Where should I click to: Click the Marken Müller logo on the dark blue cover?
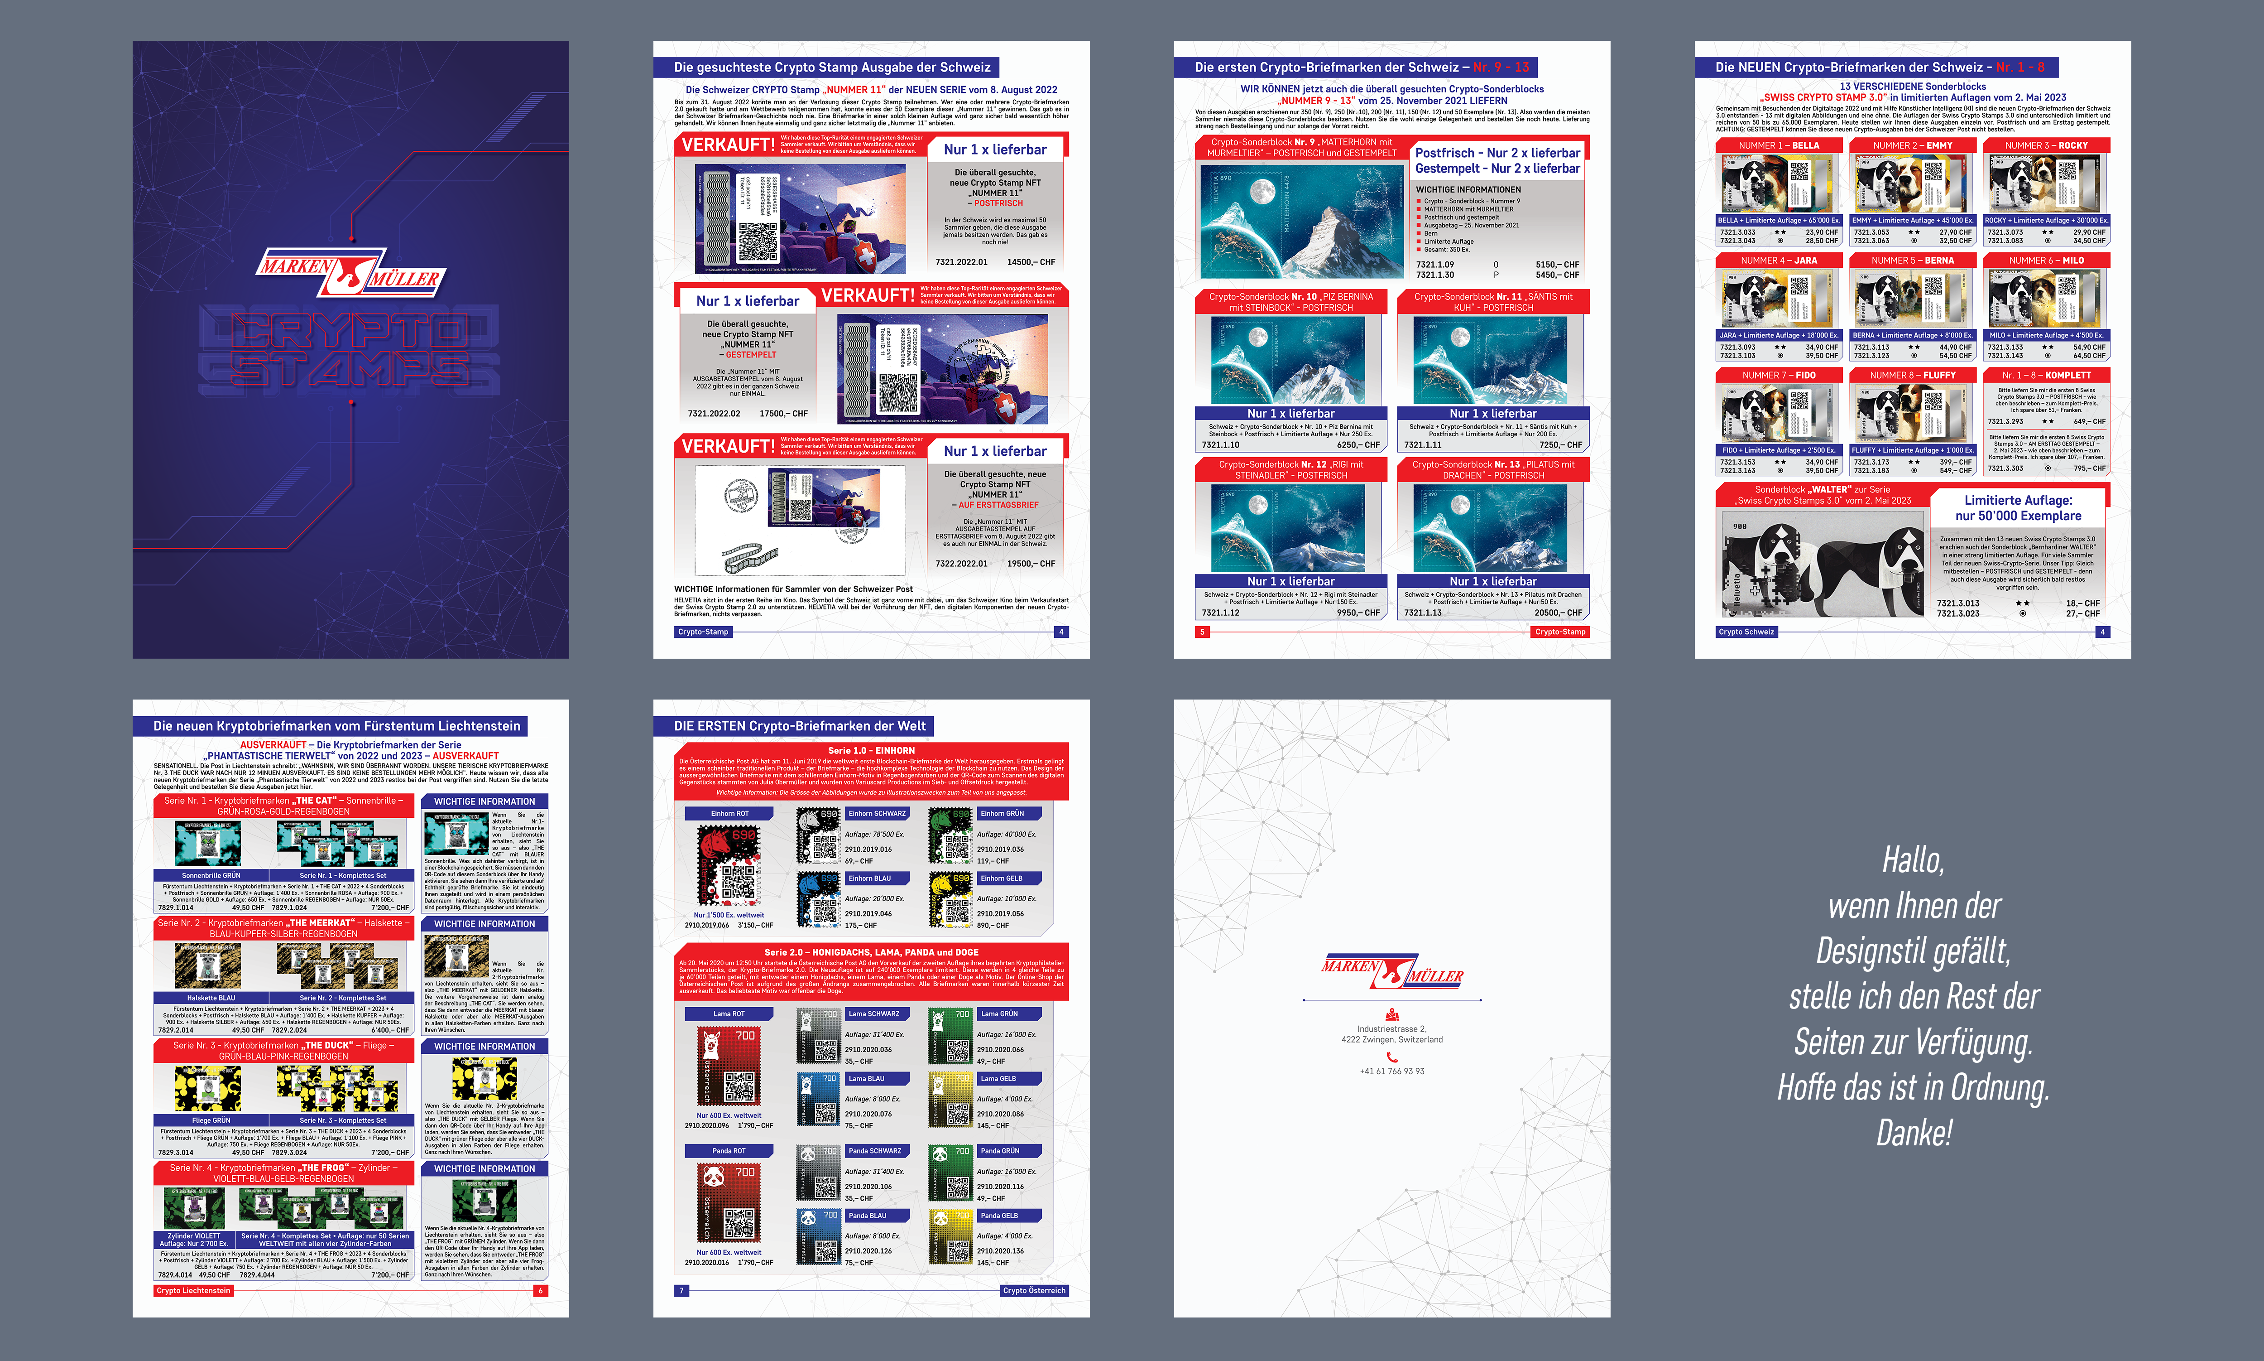(x=350, y=272)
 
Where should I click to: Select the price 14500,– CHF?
(x=1031, y=262)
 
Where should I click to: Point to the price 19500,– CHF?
(x=1031, y=564)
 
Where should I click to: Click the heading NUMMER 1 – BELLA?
(x=1778, y=146)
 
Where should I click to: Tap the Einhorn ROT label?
(x=729, y=814)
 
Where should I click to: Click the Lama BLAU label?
(x=866, y=1079)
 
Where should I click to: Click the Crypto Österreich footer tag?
(x=1034, y=1290)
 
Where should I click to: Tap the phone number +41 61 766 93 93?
(x=1391, y=1071)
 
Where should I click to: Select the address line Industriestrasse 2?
(x=1391, y=1029)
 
